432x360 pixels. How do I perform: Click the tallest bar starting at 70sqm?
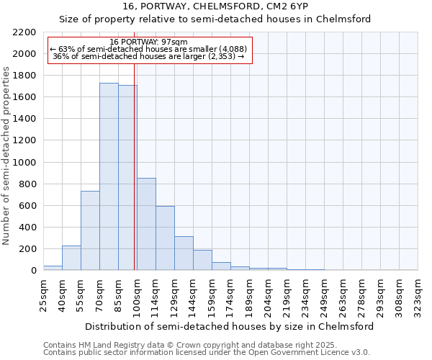[x=109, y=176]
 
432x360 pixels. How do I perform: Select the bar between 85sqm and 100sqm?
[x=127, y=178]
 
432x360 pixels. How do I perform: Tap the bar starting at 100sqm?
[x=146, y=224]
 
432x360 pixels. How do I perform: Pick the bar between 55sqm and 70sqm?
[x=90, y=230]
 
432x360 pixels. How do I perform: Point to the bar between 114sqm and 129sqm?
[x=165, y=238]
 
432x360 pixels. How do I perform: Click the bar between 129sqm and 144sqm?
[x=184, y=253]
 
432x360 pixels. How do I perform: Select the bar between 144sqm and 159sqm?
[x=202, y=260]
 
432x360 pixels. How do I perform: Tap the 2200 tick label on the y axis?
[x=24, y=32]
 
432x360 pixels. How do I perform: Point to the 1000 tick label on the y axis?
[x=24, y=163]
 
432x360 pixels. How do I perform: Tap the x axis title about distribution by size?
[x=230, y=326]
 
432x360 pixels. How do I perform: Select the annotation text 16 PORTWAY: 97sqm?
[x=150, y=42]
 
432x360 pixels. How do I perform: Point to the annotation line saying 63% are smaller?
[x=149, y=49]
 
